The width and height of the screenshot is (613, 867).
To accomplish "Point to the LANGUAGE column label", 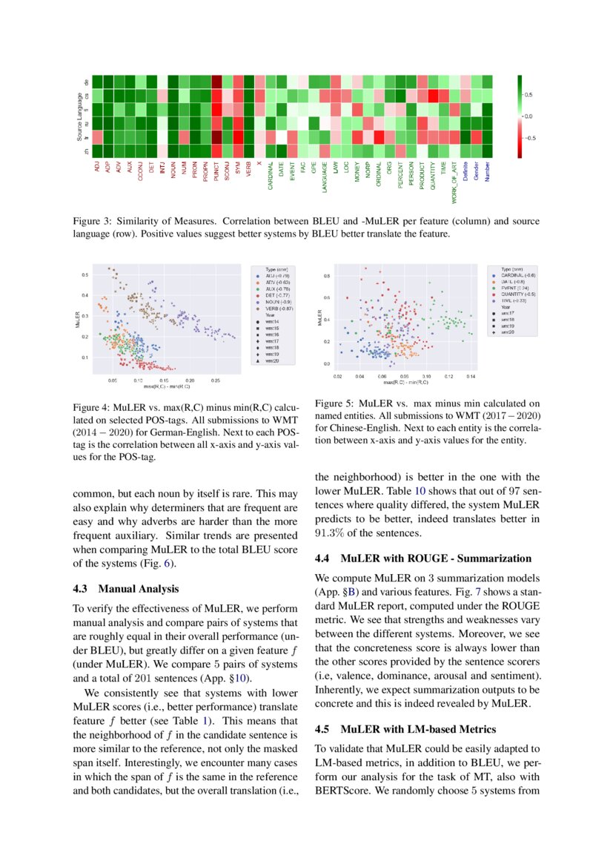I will (325, 179).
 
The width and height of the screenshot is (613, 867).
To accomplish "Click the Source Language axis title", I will (79, 116).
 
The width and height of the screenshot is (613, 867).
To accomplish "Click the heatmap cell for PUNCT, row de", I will (216, 82).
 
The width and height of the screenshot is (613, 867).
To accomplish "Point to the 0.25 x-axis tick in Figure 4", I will (215, 379).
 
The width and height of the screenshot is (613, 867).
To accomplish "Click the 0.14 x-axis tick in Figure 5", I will (471, 377).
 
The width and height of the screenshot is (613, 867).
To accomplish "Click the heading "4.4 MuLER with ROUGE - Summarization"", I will (423, 558).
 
